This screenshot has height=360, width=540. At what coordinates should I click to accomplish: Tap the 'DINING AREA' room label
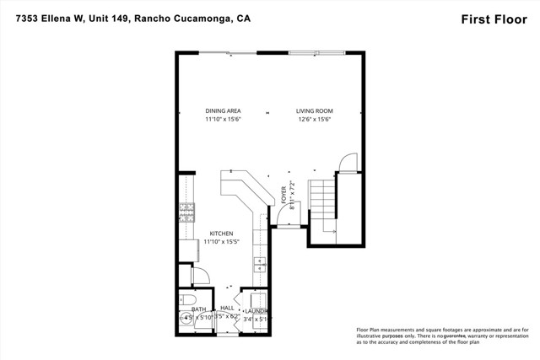[223, 110]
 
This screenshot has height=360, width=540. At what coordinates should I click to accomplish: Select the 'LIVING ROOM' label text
[315, 110]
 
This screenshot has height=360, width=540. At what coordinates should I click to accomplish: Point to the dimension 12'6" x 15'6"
[315, 120]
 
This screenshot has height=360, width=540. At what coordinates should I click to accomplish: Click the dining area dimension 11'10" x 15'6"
[223, 120]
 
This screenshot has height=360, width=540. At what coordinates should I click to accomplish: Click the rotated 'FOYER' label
[284, 196]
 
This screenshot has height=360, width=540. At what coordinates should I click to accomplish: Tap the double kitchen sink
[260, 264]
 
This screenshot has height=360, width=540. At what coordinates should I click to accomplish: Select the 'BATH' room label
[199, 309]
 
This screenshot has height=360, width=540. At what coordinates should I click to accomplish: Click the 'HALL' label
[227, 309]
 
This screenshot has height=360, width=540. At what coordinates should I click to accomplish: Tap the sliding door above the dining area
[228, 53]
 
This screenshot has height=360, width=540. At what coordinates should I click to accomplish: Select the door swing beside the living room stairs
[346, 163]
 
